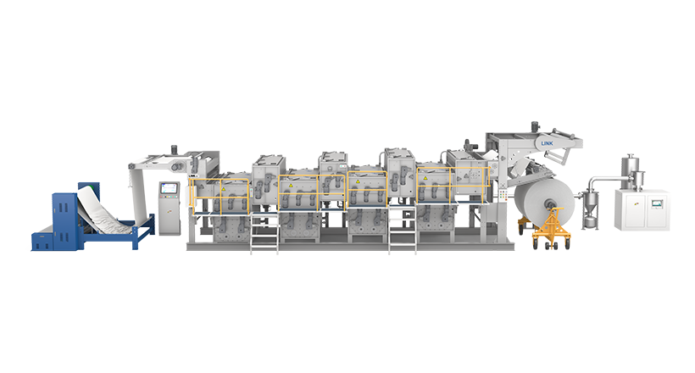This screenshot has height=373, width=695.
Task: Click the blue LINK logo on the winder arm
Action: pyautogui.click(x=547, y=143)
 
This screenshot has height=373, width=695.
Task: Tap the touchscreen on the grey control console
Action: pyautogui.click(x=169, y=188)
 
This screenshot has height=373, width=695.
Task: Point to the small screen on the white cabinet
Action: pyautogui.click(x=657, y=203)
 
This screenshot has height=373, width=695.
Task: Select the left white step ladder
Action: pyautogui.click(x=264, y=233)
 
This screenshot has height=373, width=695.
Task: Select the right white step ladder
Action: pyautogui.click(x=403, y=230)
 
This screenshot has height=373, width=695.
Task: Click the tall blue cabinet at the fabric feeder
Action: pyautogui.click(x=64, y=220)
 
